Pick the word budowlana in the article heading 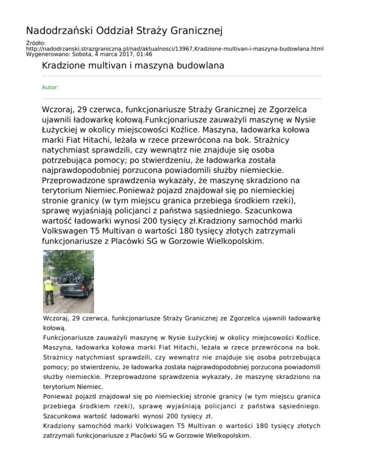[x=201, y=66]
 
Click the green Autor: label [x=51, y=88]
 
